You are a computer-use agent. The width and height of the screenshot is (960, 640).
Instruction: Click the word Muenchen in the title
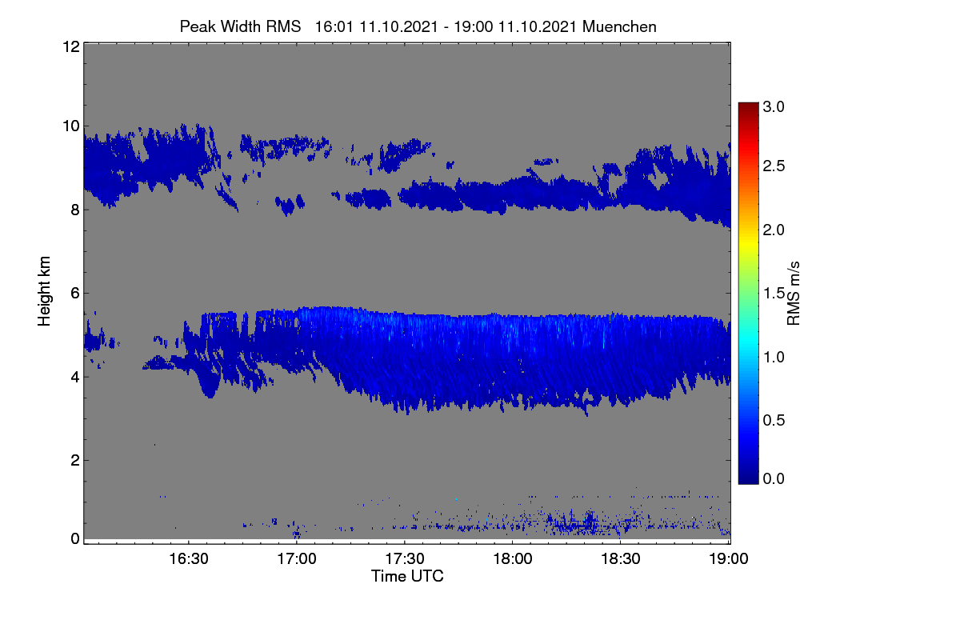point(619,27)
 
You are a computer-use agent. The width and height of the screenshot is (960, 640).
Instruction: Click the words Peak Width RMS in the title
point(241,27)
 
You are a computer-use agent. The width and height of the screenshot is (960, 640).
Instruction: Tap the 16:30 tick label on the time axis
point(189,559)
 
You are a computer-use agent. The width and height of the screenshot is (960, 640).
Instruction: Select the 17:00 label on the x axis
point(297,559)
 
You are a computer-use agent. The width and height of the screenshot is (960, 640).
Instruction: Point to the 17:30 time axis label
point(405,559)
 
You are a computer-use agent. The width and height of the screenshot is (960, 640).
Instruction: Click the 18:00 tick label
point(513,559)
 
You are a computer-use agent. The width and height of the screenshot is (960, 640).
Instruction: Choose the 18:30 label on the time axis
point(621,559)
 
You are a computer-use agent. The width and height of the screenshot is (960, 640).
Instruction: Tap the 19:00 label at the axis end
point(729,559)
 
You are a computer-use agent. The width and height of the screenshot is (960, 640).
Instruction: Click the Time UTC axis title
point(407,577)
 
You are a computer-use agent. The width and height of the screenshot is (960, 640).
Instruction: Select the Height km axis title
point(44,291)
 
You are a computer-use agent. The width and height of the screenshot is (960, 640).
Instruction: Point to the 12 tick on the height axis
point(71,47)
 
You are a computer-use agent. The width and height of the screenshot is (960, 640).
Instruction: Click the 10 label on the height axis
point(71,126)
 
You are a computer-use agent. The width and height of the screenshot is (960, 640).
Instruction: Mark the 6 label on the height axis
point(75,294)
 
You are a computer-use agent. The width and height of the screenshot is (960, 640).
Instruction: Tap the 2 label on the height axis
point(75,460)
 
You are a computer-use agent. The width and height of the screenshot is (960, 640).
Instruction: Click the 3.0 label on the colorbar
point(774,106)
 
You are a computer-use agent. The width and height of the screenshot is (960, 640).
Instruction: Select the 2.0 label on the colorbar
point(774,230)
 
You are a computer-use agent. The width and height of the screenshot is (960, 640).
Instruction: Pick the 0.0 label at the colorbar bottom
point(774,478)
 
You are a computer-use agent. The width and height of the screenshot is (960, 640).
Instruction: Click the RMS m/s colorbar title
point(794,294)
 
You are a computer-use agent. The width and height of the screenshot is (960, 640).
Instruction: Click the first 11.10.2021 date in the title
point(398,27)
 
